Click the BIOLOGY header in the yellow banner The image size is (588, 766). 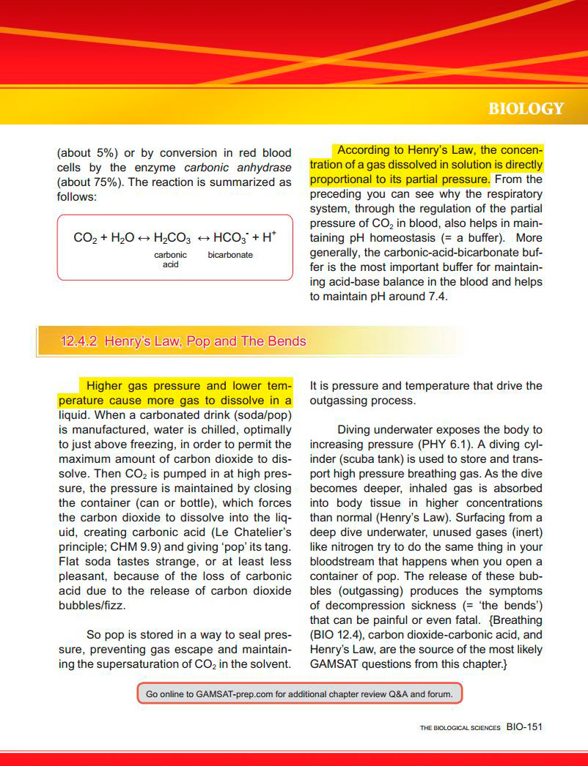526,109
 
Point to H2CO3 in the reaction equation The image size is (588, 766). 173,238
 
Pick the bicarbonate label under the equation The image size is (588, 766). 229,255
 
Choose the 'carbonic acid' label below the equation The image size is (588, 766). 170,259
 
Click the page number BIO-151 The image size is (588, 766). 523,727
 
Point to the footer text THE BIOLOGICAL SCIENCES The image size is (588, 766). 460,728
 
